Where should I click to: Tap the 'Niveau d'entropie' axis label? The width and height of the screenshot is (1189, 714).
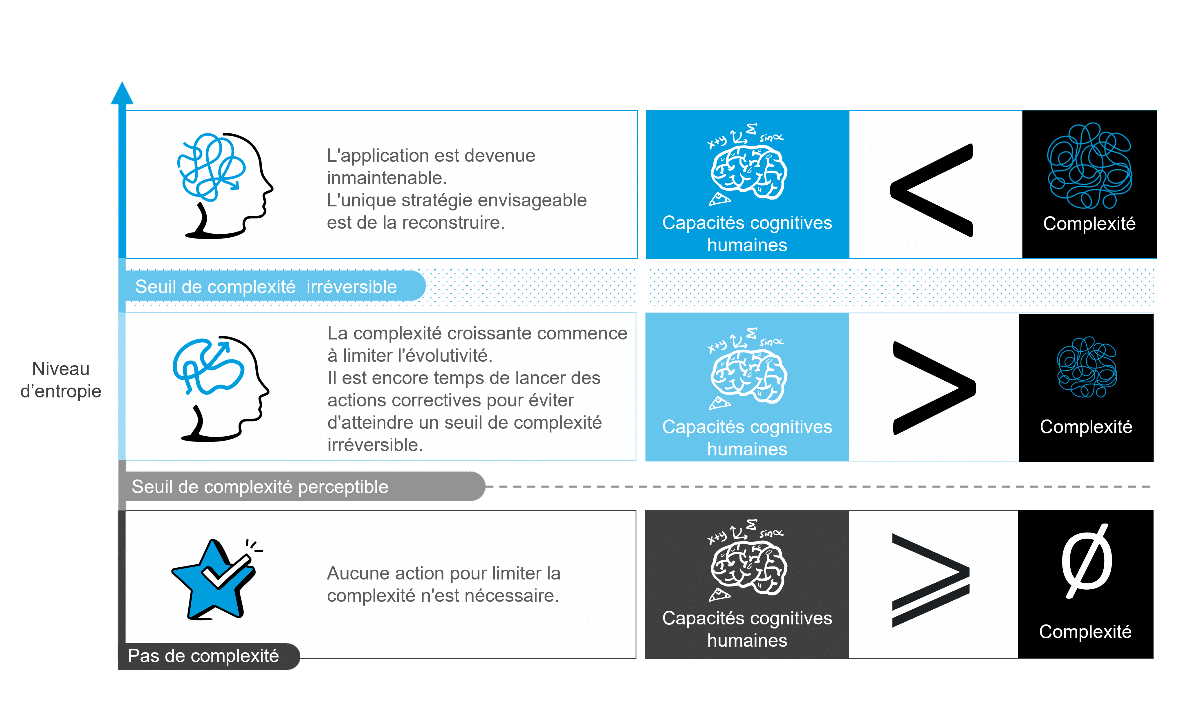(x=61, y=380)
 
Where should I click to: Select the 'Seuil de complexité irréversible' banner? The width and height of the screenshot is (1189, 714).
(x=266, y=287)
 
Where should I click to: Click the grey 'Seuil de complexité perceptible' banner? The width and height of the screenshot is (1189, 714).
(x=260, y=486)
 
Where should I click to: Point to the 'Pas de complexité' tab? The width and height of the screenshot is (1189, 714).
(x=203, y=656)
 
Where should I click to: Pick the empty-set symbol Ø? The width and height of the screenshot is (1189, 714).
(x=1087, y=561)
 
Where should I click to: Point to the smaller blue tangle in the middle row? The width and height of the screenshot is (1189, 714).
(x=1087, y=367)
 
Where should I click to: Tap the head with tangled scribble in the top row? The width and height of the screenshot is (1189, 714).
(x=224, y=185)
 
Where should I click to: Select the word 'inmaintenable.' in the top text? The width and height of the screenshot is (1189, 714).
(x=387, y=178)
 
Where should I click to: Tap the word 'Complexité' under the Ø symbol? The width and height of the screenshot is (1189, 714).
(x=1085, y=632)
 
